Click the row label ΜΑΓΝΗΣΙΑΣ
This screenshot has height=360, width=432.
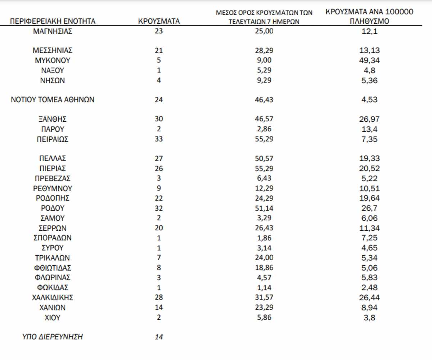tap(53, 31)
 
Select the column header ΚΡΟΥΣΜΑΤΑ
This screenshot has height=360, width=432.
tap(159, 21)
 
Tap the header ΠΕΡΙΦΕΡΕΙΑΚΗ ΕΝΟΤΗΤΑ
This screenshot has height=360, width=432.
tap(53, 21)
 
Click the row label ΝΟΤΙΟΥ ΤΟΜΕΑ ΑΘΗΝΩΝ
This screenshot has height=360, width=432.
tap(53, 100)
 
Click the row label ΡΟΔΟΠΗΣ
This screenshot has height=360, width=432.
tap(53, 198)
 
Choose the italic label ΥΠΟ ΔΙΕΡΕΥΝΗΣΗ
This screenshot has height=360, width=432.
tap(53, 337)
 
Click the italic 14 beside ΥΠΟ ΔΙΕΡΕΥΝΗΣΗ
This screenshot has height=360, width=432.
tap(159, 337)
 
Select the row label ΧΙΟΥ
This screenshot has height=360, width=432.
tap(53, 318)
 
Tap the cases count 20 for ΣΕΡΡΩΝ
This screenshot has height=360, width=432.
tap(159, 228)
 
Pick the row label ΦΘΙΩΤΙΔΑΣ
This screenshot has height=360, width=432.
tap(53, 268)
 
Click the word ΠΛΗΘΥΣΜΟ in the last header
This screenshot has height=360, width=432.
tap(369, 21)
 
